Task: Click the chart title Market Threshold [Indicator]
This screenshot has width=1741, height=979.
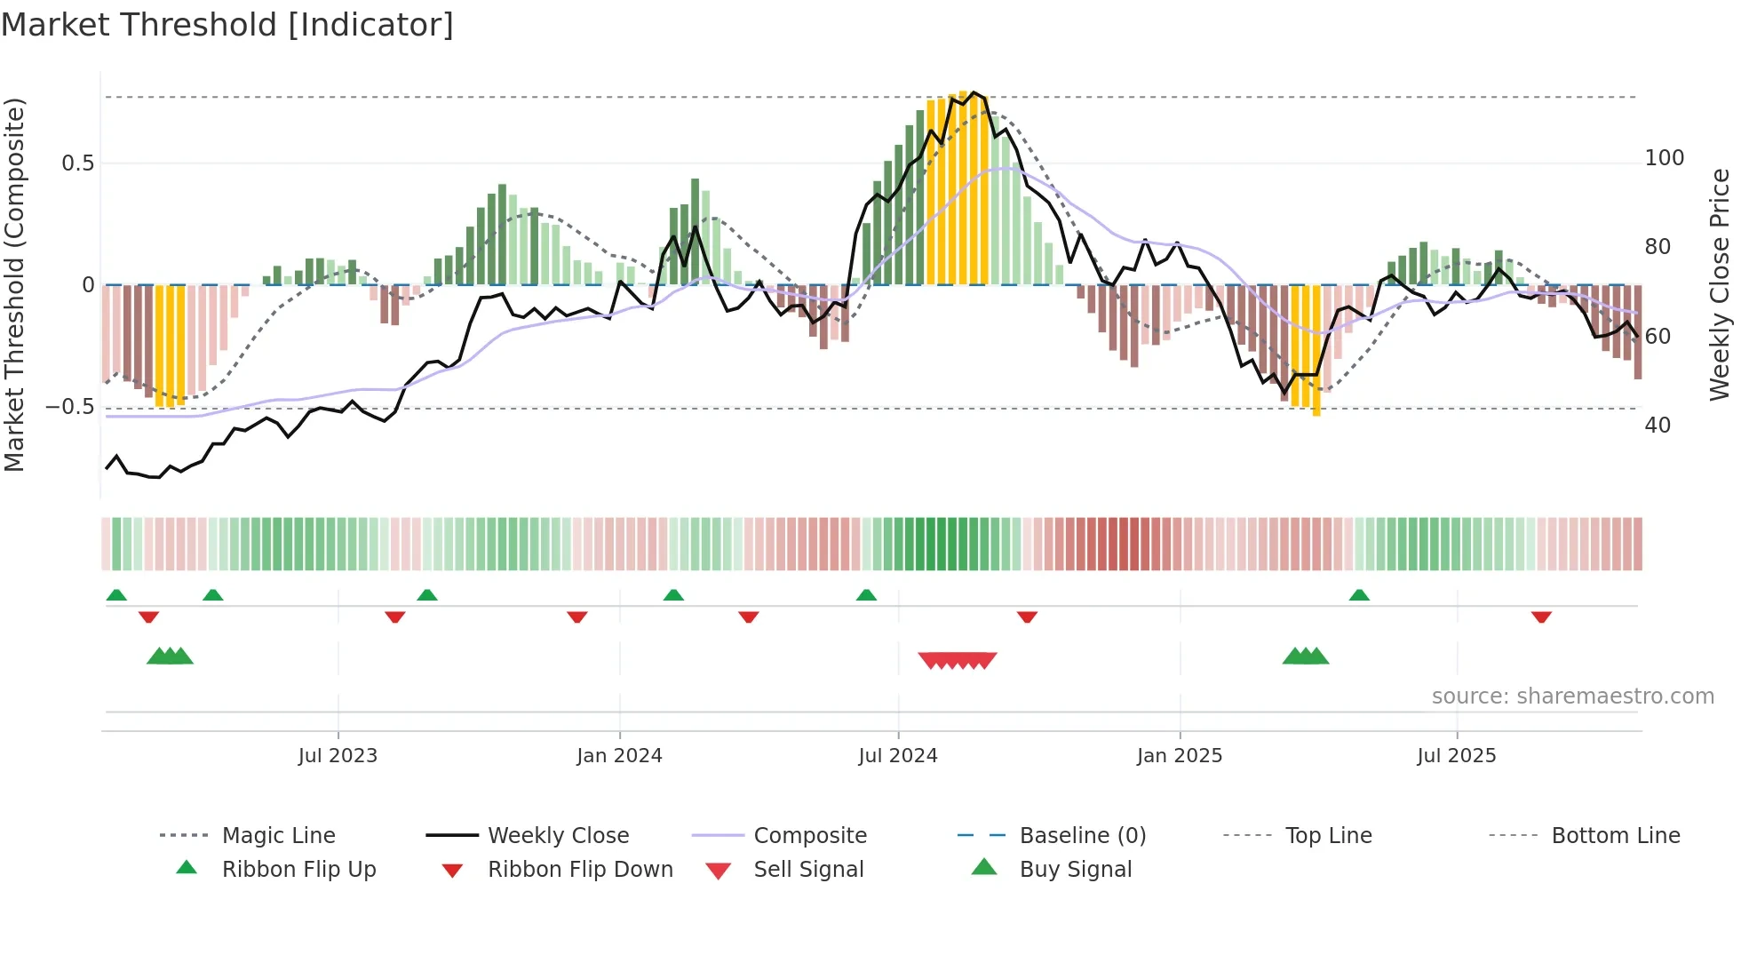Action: click(x=227, y=25)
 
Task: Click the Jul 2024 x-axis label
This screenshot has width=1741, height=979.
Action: click(x=898, y=756)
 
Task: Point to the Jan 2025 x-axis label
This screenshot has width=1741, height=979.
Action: click(x=1180, y=756)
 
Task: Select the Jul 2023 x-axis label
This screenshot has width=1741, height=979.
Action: click(x=338, y=756)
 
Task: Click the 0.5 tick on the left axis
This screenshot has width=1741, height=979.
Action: click(x=77, y=163)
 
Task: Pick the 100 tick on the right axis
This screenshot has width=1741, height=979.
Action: click(x=1664, y=158)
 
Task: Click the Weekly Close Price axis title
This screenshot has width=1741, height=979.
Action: click(x=1720, y=284)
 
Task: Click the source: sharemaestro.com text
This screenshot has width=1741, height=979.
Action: click(x=1572, y=696)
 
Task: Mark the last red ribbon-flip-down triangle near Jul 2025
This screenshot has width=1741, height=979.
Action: click(x=1541, y=617)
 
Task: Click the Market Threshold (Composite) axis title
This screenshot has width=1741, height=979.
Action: click(x=15, y=284)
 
